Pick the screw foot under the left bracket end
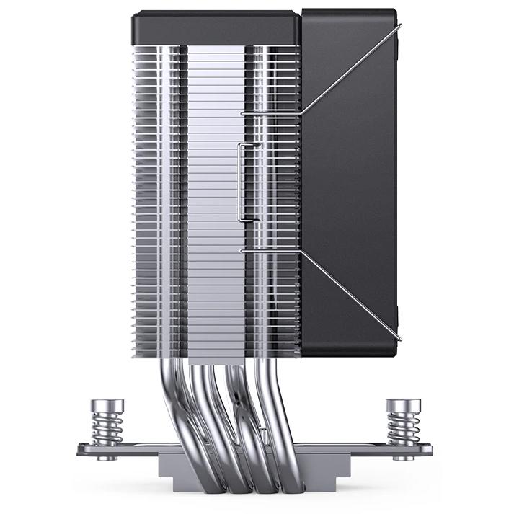(108, 458)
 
